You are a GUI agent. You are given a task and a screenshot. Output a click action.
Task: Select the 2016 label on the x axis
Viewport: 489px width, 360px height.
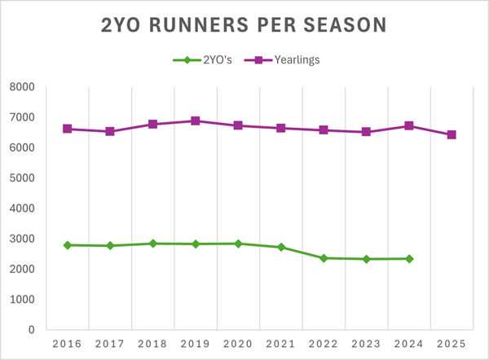[x=67, y=344]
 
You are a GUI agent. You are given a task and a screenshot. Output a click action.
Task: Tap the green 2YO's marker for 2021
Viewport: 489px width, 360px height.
[x=281, y=247]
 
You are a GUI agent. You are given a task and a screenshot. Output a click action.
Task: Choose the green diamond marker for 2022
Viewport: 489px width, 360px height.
[x=324, y=257]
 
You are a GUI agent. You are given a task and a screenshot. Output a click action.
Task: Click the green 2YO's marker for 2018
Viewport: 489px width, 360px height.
[x=152, y=243]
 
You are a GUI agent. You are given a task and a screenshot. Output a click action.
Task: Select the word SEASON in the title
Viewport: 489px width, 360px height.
[x=341, y=25]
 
